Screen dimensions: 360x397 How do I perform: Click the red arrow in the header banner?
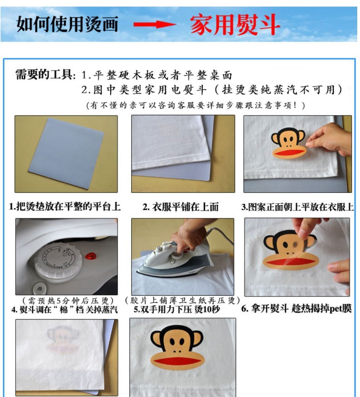(155, 25)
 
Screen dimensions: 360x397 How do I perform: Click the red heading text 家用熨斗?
(235, 25)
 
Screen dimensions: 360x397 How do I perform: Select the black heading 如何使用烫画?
(68, 24)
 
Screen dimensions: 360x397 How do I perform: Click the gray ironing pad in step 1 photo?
(66, 153)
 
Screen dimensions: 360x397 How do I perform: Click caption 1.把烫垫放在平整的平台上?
(65, 206)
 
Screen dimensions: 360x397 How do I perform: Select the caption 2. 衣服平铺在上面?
(181, 207)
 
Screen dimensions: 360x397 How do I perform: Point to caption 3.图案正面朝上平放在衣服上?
(298, 207)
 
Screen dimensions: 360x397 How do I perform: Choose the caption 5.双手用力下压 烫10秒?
(177, 309)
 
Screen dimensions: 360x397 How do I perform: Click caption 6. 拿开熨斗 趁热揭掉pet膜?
(296, 308)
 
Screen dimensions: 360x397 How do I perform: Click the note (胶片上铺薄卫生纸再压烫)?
(182, 300)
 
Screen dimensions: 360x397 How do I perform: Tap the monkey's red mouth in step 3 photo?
(288, 153)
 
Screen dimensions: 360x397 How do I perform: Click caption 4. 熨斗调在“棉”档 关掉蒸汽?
(65, 309)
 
